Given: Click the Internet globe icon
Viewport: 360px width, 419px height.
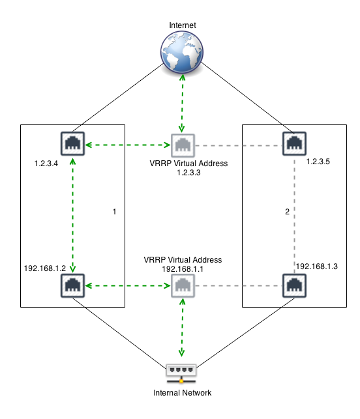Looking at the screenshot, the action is [182, 52].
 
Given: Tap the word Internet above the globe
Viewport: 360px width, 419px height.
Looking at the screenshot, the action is [183, 25].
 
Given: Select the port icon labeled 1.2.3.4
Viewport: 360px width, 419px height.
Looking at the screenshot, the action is [72, 143].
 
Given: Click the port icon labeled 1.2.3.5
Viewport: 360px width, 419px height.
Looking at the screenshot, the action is [294, 143].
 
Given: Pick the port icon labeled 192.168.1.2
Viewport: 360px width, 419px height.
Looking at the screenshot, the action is [72, 285].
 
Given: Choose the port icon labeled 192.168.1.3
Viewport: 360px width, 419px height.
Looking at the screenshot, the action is [294, 285].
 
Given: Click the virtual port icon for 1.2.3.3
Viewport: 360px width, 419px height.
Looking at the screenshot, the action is [183, 145].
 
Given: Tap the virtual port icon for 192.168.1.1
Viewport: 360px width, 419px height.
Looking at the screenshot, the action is [183, 285].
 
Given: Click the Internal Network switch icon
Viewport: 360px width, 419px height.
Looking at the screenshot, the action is [181, 373].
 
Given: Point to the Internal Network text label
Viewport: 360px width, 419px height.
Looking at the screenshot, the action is [183, 392].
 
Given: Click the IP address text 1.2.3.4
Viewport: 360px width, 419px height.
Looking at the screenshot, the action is [46, 164].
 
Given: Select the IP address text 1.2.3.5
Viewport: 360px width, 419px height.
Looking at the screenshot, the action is [318, 162].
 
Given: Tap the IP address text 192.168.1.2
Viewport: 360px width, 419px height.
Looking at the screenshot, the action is [45, 268].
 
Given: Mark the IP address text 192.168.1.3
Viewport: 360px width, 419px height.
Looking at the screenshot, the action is [317, 266].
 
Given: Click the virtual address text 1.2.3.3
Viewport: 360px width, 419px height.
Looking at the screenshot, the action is [188, 173].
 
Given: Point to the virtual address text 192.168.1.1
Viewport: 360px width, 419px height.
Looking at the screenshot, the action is [183, 269].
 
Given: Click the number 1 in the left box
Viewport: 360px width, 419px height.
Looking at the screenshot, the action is [115, 212].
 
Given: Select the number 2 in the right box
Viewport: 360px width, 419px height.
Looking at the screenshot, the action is [287, 212].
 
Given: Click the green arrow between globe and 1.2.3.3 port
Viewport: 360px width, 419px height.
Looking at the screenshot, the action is [182, 103].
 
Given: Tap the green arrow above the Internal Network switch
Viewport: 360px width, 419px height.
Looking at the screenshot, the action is [182, 328].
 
